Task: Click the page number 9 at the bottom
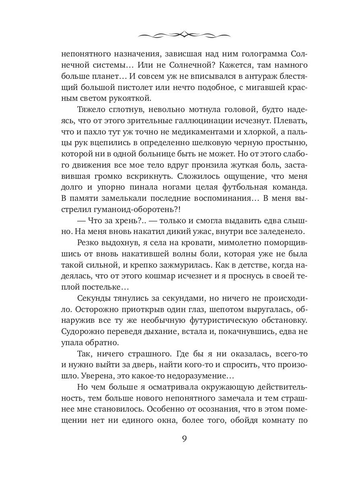click(x=184, y=438)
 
